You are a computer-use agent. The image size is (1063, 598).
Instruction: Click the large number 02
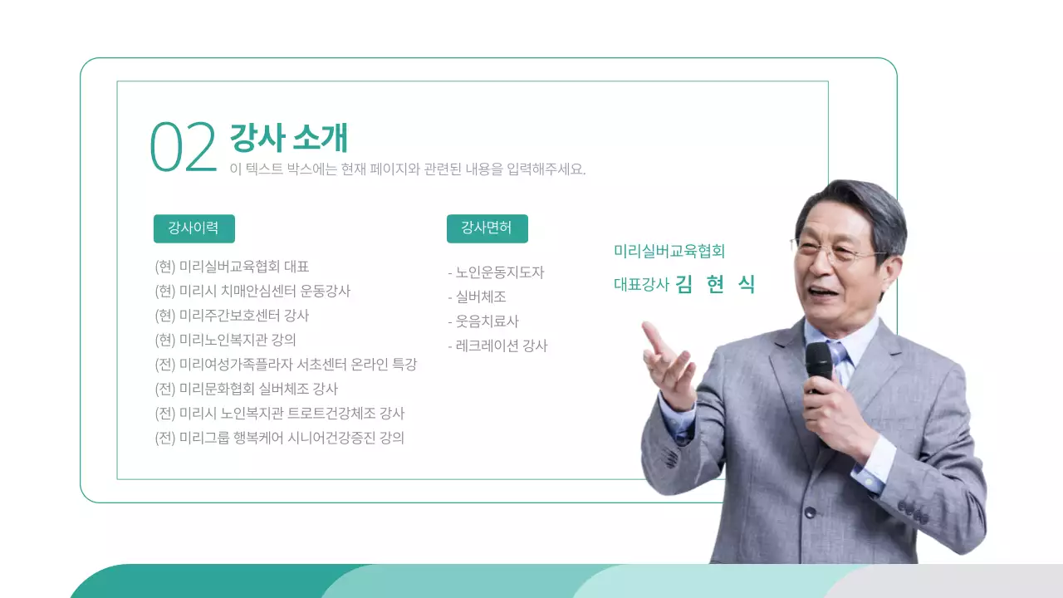[x=183, y=148]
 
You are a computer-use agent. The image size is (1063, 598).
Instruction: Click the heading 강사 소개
[x=288, y=138]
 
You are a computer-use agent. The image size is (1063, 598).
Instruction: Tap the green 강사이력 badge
[x=193, y=228]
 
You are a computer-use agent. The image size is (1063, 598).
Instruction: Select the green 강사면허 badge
[x=487, y=228]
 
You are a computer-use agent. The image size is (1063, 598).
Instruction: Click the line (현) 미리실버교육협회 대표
[x=232, y=267]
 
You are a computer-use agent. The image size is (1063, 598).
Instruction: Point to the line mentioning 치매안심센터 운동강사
[x=252, y=292]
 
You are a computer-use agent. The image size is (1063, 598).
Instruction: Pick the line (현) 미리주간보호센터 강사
[x=232, y=316]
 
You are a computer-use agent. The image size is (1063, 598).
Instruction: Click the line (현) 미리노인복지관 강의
[x=225, y=340]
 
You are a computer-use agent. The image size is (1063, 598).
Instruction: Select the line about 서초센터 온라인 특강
[x=286, y=365]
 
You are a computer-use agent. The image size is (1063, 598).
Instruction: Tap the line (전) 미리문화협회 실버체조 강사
[x=246, y=389]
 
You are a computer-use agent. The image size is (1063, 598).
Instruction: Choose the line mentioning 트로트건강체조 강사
[x=279, y=414]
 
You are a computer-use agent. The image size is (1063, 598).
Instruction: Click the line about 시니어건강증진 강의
[x=279, y=438]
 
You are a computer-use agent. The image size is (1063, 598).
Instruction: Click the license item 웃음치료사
[x=483, y=321]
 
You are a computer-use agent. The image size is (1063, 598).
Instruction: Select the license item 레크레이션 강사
[x=497, y=346]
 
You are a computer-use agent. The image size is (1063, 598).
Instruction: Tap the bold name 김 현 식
[x=715, y=284]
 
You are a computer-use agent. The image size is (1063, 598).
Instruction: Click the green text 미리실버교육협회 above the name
[x=669, y=251]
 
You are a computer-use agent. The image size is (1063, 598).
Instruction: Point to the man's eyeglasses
[x=839, y=252]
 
